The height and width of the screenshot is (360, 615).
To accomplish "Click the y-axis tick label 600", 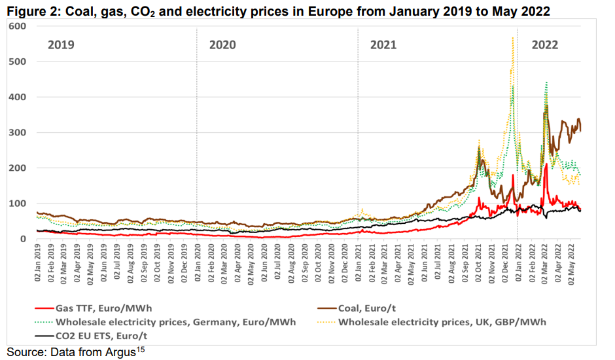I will (17, 26).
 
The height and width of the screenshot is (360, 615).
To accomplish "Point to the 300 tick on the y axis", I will (17, 133).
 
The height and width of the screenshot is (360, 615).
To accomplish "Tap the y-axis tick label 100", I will (17, 204).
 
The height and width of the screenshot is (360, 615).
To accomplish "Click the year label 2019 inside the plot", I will (61, 45).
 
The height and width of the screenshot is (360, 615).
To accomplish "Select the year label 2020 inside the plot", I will (222, 45).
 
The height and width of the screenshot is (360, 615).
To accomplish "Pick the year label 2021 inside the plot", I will (383, 45).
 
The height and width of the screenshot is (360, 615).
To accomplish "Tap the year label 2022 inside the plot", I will (545, 45).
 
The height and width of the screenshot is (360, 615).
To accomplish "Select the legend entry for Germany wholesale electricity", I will (175, 322).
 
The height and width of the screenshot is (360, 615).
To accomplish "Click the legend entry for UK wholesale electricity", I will (442, 322).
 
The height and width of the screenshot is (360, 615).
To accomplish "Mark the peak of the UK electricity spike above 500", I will (512, 38).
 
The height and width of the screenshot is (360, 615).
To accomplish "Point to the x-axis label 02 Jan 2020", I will (198, 266).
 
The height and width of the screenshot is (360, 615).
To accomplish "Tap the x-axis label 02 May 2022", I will (573, 266).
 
